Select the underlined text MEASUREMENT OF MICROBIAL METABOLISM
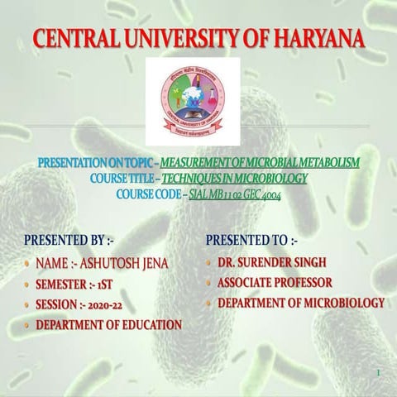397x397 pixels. click(x=261, y=163)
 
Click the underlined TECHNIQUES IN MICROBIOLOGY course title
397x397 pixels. click(x=234, y=178)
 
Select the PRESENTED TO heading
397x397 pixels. click(x=251, y=241)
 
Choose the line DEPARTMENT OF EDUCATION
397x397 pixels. click(x=108, y=325)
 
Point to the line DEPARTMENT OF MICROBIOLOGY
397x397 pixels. click(x=301, y=304)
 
